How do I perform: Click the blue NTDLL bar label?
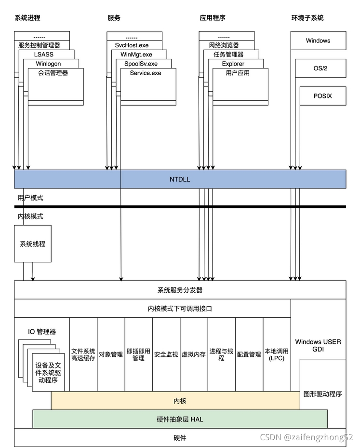tap(180, 179)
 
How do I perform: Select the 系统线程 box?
tap(32, 244)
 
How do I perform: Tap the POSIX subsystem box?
tap(322, 96)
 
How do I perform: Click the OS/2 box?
tap(320, 68)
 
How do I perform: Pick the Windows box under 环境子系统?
tap(318, 41)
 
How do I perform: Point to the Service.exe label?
tap(146, 73)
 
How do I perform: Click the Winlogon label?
tap(49, 64)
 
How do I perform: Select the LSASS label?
tap(43, 54)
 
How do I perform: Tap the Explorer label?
tap(233, 64)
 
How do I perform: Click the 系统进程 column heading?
tap(27, 18)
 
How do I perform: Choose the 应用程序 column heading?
tap(213, 18)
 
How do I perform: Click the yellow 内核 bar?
tap(180, 401)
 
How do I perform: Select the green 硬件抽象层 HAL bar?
tap(180, 419)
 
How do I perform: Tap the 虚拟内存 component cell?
tap(194, 354)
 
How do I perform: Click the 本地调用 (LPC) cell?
tap(277, 354)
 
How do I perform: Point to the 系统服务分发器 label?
tap(180, 290)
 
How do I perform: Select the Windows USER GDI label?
tap(318, 345)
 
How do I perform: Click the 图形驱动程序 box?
tap(322, 393)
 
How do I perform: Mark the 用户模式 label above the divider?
tap(30, 198)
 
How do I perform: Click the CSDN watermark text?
tap(306, 437)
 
